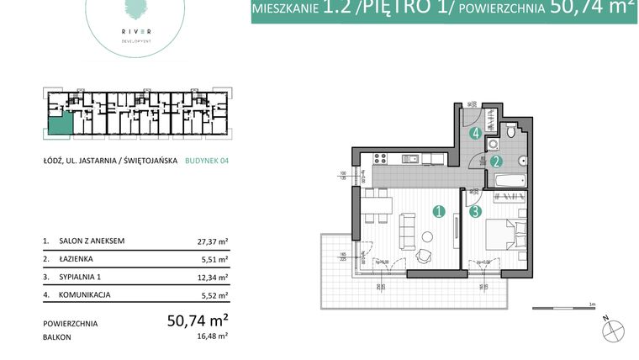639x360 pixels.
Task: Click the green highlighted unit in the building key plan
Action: [x=59, y=126]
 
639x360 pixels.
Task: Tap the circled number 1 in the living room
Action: [x=437, y=213]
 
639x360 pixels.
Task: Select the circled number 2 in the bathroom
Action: [x=497, y=161]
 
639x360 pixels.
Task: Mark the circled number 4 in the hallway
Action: [x=476, y=133]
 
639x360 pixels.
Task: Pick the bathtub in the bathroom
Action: [x=508, y=179]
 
